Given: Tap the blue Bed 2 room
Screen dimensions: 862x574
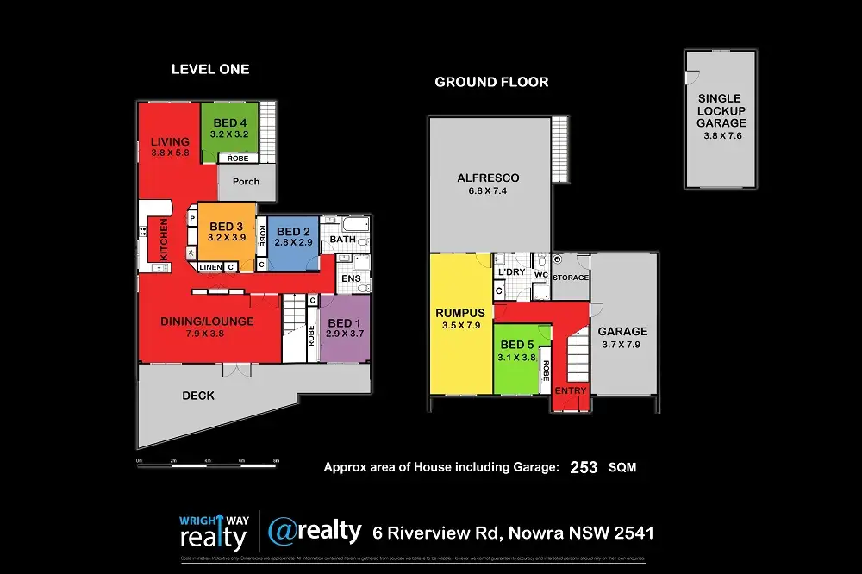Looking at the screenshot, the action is tap(293, 241).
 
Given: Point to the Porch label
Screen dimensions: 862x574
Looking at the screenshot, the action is tap(246, 182).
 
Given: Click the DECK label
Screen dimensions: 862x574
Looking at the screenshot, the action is tap(198, 396).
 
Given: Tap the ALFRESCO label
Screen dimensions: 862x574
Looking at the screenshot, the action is tap(488, 179).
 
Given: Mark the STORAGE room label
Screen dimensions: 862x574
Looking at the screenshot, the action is tap(571, 278).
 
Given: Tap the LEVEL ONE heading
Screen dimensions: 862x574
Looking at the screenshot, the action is tap(210, 69).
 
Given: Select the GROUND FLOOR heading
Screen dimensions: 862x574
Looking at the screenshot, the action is tap(491, 83).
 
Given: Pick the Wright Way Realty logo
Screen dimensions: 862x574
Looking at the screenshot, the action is tap(213, 533).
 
